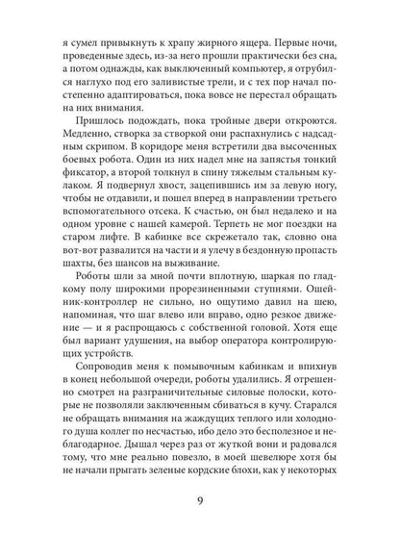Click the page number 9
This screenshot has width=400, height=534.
[x=200, y=499]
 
